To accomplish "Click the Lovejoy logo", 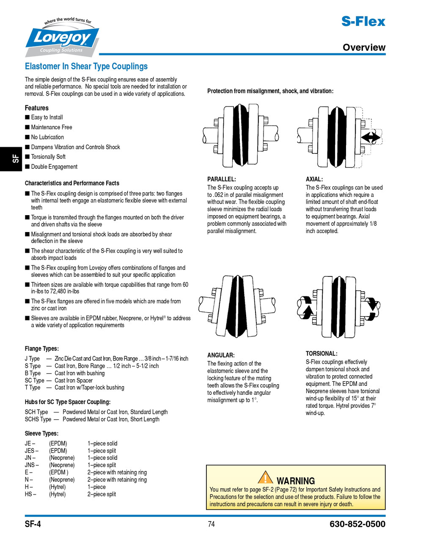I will pos(63,39).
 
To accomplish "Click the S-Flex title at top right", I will pos(363,21).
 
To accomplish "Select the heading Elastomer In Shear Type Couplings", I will pos(86,66).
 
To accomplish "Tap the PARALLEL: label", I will pos(221,179).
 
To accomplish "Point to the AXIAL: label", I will pos(314,179).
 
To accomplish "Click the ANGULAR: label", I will pos(221,355).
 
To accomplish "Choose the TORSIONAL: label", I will pos(321,354).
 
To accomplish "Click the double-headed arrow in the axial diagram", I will pos(371,137).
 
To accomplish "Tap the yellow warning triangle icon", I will pos(265,478).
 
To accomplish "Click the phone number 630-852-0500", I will pos(357,525).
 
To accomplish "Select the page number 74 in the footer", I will pos(211,525).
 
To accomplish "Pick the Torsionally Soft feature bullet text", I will pos(48,157).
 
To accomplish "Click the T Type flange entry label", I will pos(33,388).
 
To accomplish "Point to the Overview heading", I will pos(364,47).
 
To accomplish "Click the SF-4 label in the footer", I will pos(33,525).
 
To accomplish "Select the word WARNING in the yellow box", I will pos(296,481).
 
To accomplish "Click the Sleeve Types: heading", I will pos(41,434).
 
